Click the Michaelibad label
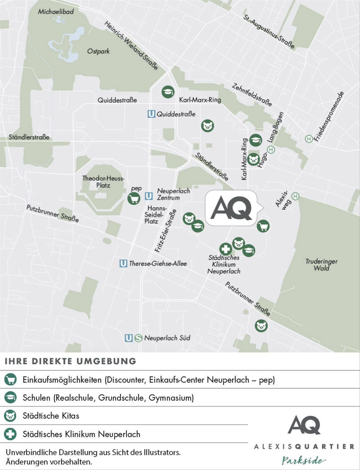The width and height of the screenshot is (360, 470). (55, 12)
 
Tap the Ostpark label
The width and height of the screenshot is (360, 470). (98, 51)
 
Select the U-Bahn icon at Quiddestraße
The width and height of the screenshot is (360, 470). (151, 114)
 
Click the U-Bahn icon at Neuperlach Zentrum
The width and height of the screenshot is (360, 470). (149, 196)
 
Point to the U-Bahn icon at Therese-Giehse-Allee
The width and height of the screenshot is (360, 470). (123, 263)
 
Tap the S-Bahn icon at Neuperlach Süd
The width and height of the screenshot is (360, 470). (138, 338)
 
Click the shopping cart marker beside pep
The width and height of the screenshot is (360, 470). (134, 198)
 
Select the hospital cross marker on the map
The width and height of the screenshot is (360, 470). (226, 249)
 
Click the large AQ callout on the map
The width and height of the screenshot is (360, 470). (231, 208)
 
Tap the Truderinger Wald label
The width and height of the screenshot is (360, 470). (321, 265)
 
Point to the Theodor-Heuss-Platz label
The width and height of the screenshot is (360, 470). (103, 182)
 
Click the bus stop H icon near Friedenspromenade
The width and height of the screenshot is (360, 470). (308, 139)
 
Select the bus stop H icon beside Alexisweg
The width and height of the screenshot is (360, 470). (295, 196)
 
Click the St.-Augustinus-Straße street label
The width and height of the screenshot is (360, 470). (269, 31)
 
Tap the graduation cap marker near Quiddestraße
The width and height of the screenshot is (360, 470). (168, 92)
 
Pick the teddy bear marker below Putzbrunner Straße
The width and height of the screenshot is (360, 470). (261, 326)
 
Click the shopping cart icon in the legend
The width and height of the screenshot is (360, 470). (10, 380)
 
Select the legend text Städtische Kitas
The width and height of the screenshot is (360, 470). (51, 416)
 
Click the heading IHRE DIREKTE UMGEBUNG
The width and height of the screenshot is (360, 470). (70, 361)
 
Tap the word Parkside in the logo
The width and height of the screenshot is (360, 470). (304, 460)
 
